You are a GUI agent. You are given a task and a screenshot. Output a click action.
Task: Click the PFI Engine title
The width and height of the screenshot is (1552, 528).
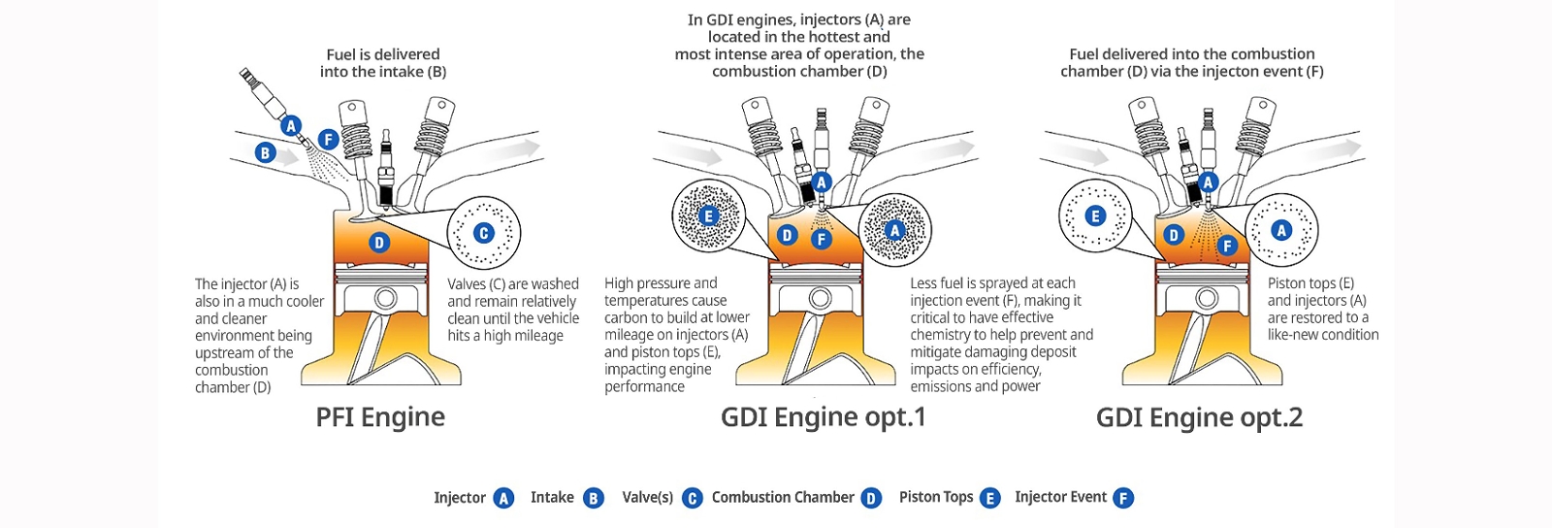[x=380, y=417]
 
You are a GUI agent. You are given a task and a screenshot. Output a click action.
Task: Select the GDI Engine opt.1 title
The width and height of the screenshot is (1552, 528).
[x=823, y=417]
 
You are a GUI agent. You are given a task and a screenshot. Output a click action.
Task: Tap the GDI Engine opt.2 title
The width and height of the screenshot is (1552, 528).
[x=1199, y=417]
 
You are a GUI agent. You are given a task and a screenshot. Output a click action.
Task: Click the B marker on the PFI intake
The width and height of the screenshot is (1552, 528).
[x=265, y=152]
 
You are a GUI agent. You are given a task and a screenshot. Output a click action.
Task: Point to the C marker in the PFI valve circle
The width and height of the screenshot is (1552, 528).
[x=483, y=233]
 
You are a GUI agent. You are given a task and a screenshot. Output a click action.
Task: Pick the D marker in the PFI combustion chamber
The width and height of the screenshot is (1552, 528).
[x=379, y=243]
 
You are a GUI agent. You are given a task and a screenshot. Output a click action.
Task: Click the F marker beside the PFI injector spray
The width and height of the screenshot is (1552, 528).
[x=328, y=140]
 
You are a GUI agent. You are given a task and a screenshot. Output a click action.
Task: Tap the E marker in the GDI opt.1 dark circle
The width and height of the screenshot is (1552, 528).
[x=708, y=215]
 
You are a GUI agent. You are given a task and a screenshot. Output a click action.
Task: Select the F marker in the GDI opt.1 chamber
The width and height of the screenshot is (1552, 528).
[x=822, y=239]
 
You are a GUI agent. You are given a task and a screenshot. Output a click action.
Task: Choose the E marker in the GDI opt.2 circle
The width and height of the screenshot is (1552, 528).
[x=1095, y=215]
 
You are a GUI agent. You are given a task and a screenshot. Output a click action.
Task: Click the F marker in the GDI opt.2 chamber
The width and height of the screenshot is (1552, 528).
[x=1227, y=246]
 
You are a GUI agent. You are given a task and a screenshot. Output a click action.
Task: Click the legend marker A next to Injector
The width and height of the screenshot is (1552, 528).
[x=503, y=498]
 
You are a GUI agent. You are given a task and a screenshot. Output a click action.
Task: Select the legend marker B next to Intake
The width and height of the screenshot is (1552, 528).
[x=594, y=498]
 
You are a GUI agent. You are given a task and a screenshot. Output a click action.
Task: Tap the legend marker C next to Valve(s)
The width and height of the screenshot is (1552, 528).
[x=692, y=498]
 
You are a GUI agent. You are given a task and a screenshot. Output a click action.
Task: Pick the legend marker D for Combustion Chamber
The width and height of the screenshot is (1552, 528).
[x=871, y=498]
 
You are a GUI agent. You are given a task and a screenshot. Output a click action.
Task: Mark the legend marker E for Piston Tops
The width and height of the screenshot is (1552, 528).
[x=989, y=498]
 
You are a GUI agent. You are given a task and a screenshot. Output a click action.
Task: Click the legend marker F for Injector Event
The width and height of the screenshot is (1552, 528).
[x=1122, y=498]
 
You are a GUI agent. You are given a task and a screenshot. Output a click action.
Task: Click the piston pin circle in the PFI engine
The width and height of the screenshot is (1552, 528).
[x=385, y=298]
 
